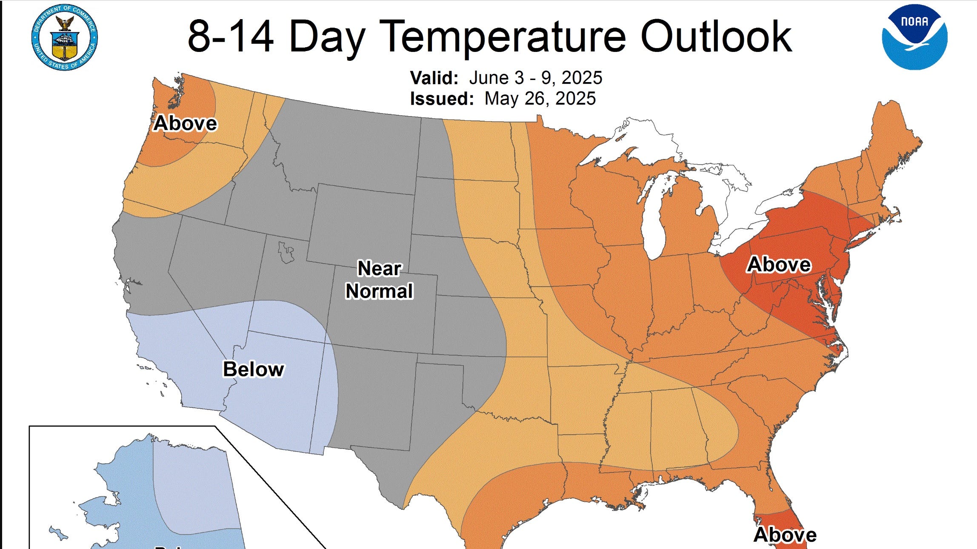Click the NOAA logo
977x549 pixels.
914,37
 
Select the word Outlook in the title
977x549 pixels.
716,37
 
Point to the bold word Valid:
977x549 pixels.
434,78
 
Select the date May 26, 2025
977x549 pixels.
540,99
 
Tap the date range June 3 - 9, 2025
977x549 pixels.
536,78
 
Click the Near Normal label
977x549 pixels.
379,280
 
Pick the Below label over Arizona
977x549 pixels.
254,369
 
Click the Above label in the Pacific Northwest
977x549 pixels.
185,123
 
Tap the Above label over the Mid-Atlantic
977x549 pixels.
779,265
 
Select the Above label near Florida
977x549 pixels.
785,535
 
